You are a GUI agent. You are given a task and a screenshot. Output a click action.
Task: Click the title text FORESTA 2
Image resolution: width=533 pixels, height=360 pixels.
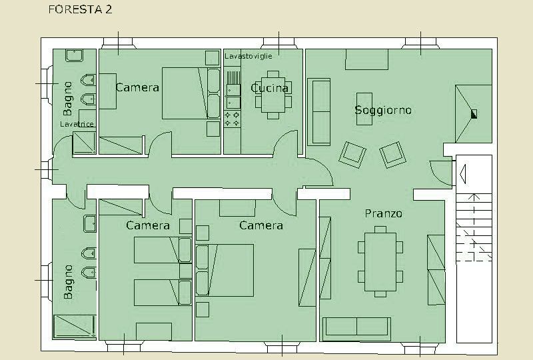(x=80, y=9)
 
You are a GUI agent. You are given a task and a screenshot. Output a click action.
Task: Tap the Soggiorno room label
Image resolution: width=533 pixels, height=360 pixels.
(x=383, y=110)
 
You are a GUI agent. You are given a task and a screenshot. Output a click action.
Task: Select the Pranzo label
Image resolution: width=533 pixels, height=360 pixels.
(x=384, y=213)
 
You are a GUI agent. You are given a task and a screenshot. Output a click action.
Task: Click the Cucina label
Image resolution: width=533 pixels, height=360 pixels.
(x=270, y=88)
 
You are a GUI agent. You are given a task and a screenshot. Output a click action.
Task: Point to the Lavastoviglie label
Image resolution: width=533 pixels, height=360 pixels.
(x=249, y=56)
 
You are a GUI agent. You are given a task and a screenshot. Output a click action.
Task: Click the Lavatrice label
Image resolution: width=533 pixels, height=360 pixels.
(x=77, y=124)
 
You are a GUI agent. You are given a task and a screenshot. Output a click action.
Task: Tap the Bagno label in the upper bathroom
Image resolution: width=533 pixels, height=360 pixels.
(x=68, y=99)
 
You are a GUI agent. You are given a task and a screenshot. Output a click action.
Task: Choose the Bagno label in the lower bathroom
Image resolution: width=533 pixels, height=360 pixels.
(x=68, y=282)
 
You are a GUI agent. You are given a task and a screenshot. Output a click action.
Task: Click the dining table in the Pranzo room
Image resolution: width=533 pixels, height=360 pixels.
(x=380, y=261)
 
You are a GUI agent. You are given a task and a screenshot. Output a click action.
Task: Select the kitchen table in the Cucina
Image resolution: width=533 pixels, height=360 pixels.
(x=273, y=95)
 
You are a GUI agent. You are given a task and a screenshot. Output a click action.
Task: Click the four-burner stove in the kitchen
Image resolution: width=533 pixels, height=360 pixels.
(x=232, y=119)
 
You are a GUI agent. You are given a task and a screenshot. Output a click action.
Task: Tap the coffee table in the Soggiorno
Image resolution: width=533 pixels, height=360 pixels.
(x=364, y=109)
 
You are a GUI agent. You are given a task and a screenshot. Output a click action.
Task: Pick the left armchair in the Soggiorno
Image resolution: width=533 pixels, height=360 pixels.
(x=352, y=155)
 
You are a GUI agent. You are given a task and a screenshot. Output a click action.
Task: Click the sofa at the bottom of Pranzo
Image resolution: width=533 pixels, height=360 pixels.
(x=356, y=329)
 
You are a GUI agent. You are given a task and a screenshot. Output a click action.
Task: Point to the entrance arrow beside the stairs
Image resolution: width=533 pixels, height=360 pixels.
(x=462, y=174)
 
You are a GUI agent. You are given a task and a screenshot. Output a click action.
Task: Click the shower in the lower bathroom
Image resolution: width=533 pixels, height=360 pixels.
(x=75, y=327)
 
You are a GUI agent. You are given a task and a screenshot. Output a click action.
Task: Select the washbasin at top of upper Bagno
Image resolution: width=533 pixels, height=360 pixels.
(x=75, y=55)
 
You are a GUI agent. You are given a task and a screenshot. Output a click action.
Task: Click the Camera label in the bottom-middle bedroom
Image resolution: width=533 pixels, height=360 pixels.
(x=261, y=225)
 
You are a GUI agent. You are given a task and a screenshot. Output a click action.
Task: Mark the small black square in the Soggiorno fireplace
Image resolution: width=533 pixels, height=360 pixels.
(x=474, y=114)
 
